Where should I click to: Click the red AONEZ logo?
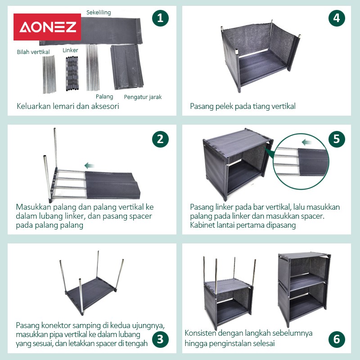tap(47, 27)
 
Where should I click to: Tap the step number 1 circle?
tap(160, 18)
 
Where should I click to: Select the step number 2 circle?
tap(160, 139)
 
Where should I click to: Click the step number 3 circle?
tap(160, 339)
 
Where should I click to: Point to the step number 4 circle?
tap(337, 18)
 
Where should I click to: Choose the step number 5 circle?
tap(337, 139)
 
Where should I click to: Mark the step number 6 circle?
tap(337, 339)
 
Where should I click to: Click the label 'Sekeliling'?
tap(99, 13)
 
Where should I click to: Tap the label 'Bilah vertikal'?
tap(33, 52)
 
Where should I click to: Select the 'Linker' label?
tap(70, 50)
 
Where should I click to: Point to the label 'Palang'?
tap(104, 97)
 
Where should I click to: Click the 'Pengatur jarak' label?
tap(143, 97)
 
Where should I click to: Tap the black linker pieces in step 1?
tap(72, 73)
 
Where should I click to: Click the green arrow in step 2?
tap(89, 166)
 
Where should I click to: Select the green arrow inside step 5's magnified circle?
tap(306, 142)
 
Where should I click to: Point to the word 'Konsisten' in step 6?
tap(200, 333)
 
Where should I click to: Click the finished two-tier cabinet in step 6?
tap(304, 290)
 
